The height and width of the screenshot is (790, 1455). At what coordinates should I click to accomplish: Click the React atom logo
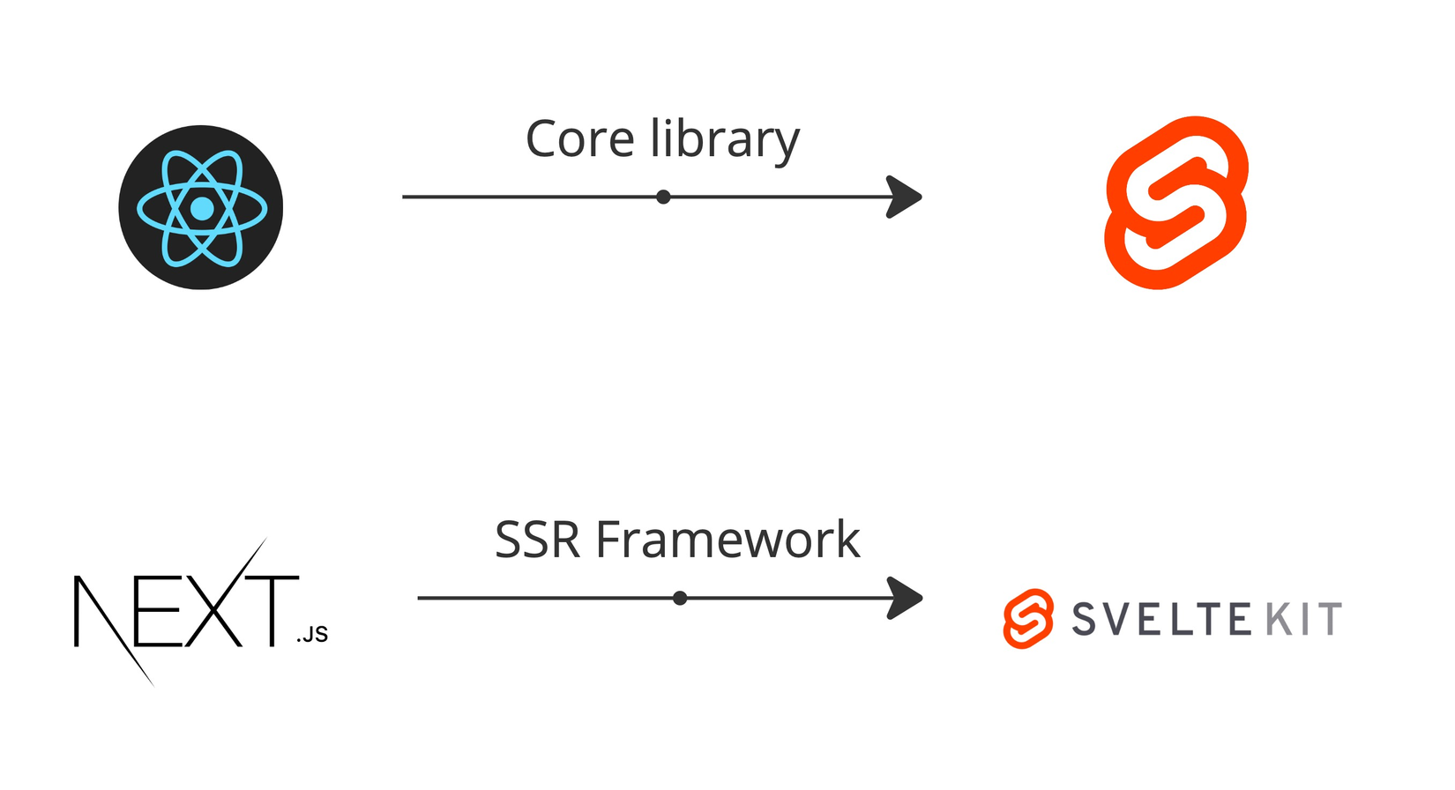pyautogui.click(x=201, y=207)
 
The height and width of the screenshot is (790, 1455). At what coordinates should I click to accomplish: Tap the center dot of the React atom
pyautogui.click(x=202, y=209)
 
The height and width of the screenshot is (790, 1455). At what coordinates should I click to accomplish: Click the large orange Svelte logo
pyautogui.click(x=1176, y=203)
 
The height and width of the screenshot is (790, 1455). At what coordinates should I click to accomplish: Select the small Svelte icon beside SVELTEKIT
pyautogui.click(x=1028, y=619)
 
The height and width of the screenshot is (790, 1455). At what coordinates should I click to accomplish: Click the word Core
pyautogui.click(x=579, y=140)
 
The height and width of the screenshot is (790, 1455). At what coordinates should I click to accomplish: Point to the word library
pyautogui.click(x=725, y=140)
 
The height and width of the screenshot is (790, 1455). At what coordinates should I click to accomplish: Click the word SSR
pyautogui.click(x=537, y=540)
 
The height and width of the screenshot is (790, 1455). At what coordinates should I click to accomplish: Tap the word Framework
pyautogui.click(x=728, y=540)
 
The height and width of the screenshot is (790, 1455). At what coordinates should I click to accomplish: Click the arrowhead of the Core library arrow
pyautogui.click(x=905, y=197)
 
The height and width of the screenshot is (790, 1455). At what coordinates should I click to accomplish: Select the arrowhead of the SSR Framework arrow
pyautogui.click(x=906, y=598)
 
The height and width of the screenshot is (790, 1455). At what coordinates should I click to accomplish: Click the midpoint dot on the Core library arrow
pyautogui.click(x=663, y=197)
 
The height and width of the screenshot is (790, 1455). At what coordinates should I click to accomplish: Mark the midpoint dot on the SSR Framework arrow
pyautogui.click(x=680, y=598)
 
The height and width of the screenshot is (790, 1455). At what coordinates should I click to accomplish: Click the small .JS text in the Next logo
pyautogui.click(x=312, y=635)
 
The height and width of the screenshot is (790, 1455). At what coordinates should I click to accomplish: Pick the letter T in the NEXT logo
pyautogui.click(x=272, y=610)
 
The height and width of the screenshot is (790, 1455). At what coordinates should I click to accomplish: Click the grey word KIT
pyautogui.click(x=1304, y=619)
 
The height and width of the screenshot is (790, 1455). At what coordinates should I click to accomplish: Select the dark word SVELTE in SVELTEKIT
pyautogui.click(x=1161, y=619)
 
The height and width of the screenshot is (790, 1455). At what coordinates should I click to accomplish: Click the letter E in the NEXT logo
pyautogui.click(x=159, y=612)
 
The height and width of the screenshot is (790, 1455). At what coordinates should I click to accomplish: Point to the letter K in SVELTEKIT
pyautogui.click(x=1279, y=619)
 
